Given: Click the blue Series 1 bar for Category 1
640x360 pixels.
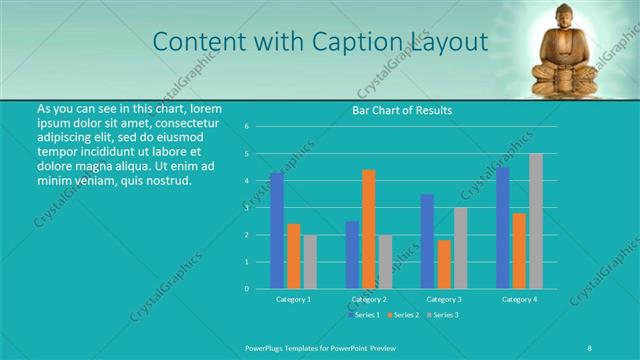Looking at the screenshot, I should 277,230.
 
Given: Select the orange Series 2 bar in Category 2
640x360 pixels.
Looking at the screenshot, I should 369,229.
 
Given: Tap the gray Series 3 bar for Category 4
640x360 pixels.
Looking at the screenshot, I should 536,221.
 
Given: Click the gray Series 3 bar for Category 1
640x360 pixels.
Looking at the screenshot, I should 310,261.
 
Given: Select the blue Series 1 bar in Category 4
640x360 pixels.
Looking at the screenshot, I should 503,227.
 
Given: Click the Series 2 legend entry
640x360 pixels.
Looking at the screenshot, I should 403,315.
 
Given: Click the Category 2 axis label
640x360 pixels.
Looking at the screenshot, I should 369,299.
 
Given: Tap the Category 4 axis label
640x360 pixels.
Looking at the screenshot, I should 520,299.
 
